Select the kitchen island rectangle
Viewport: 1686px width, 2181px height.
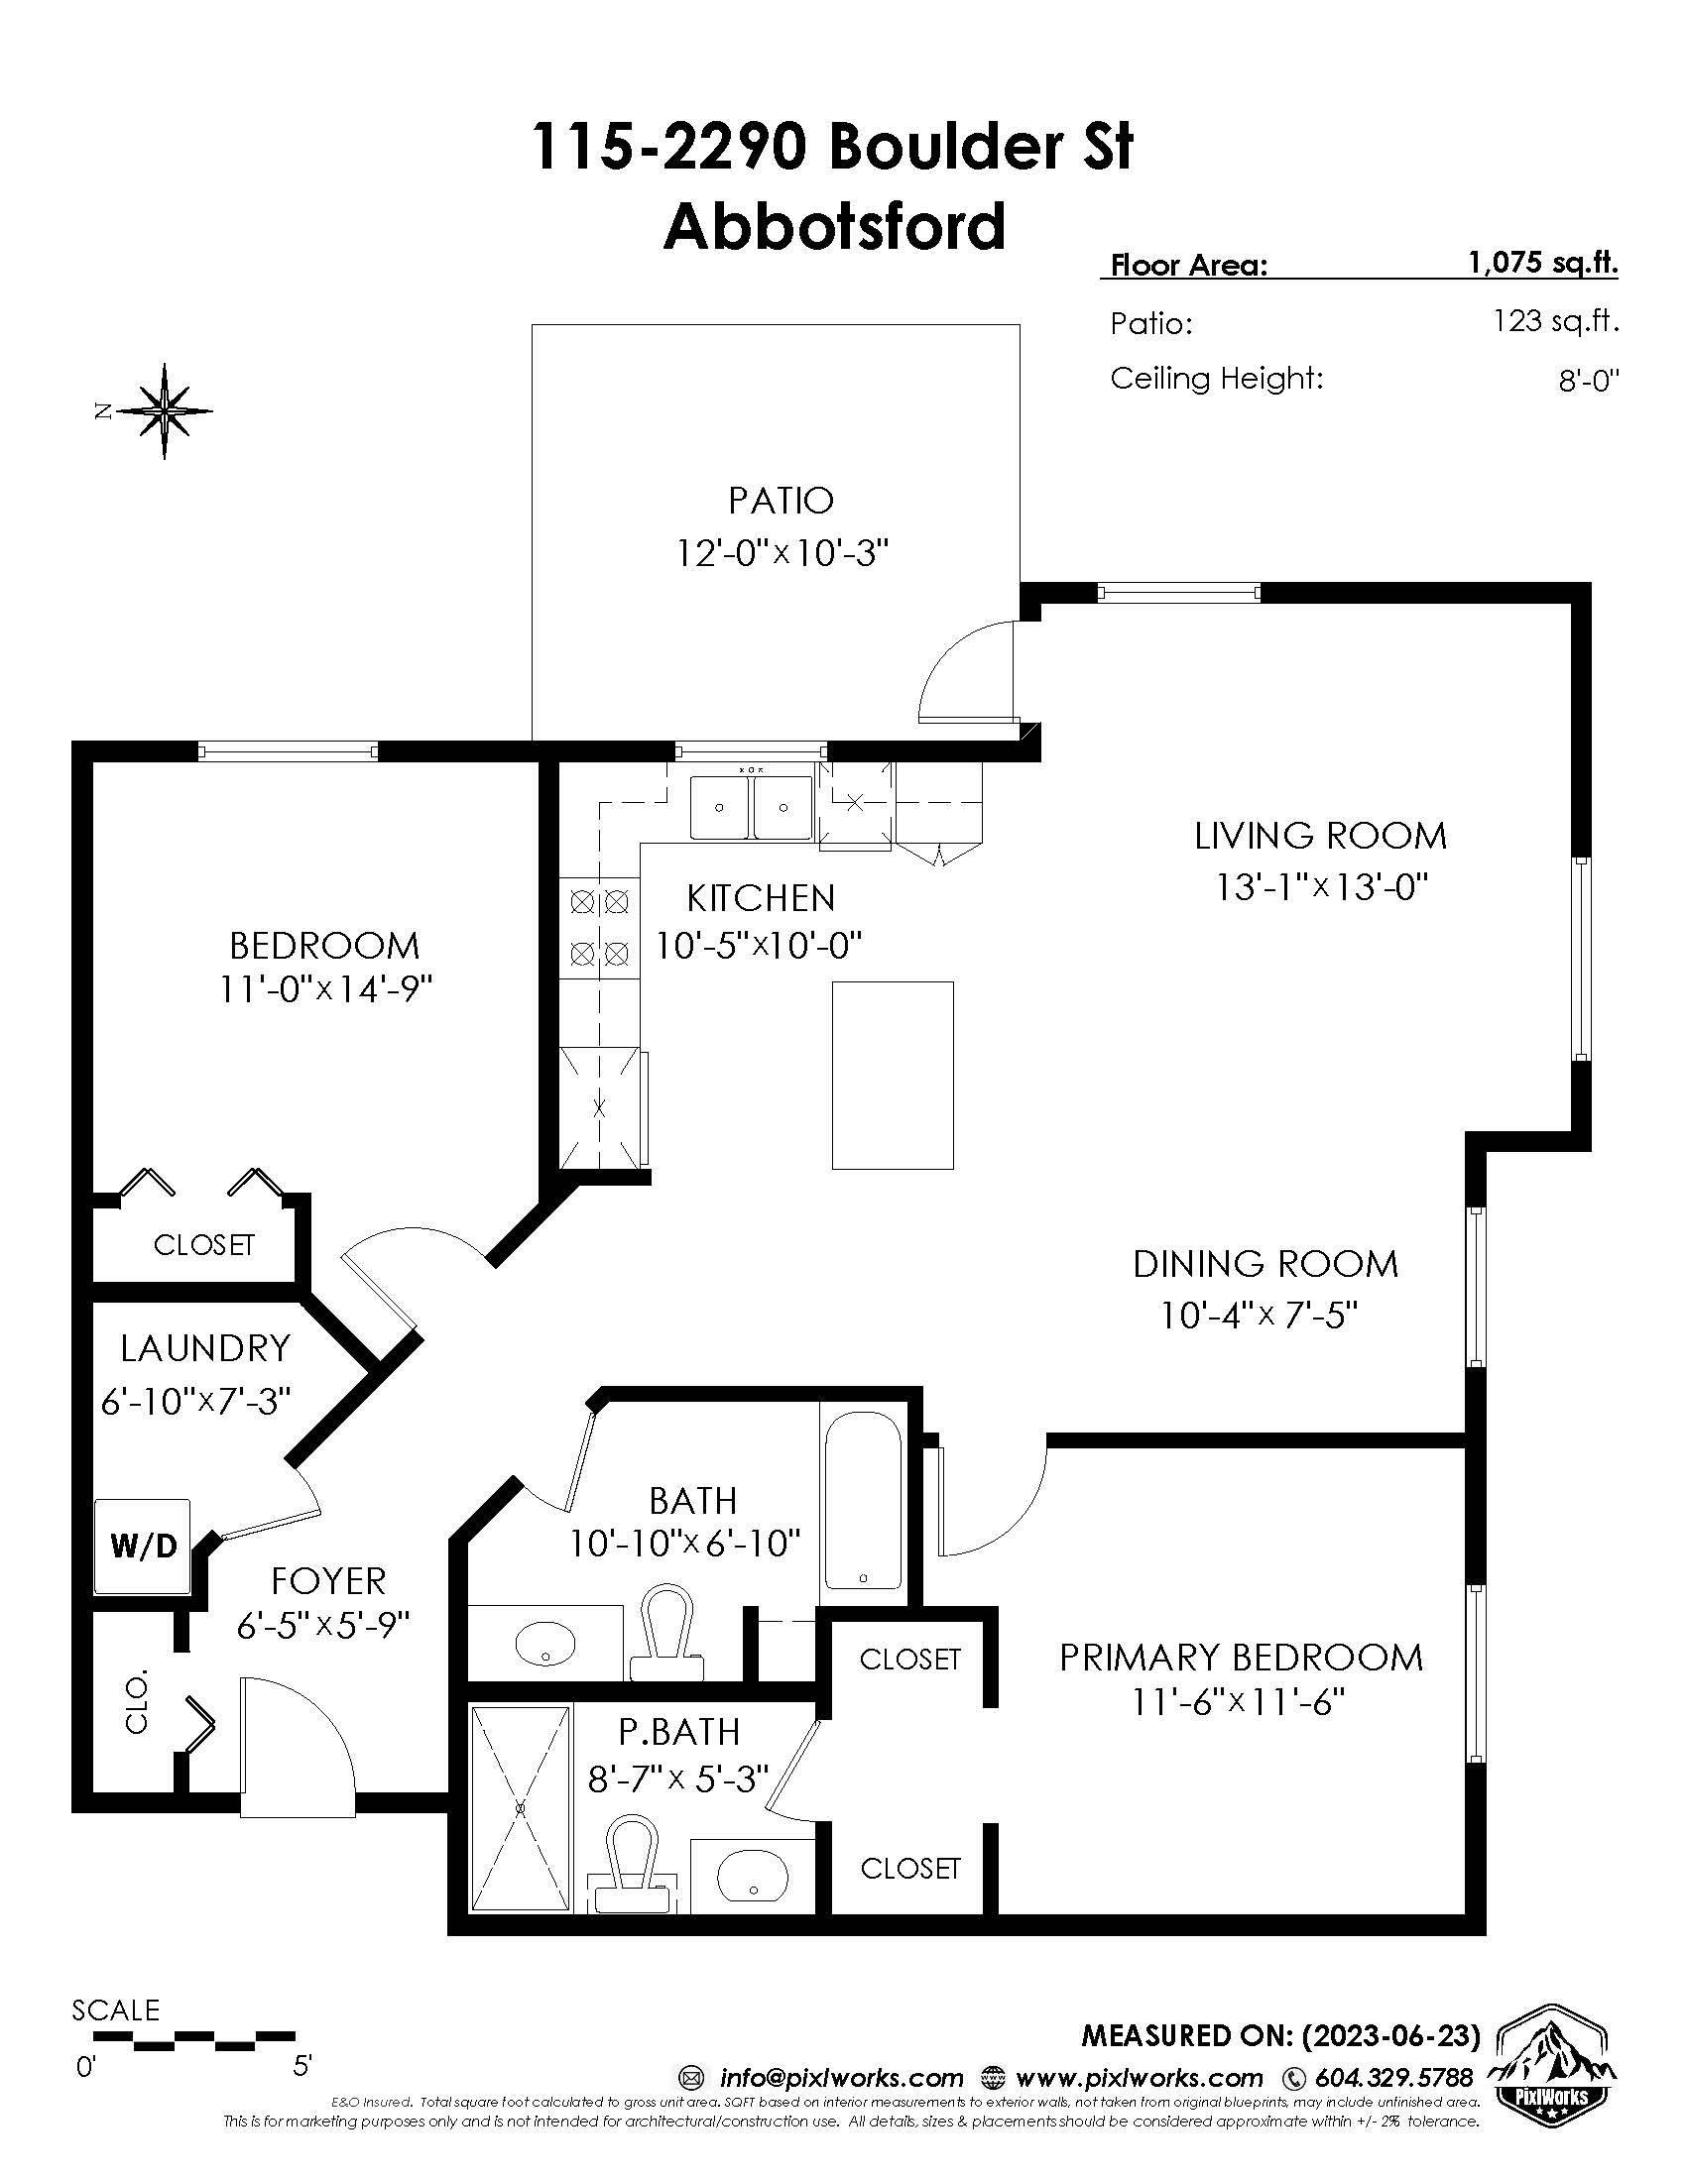click(x=893, y=1075)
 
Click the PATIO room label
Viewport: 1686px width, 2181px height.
click(x=782, y=501)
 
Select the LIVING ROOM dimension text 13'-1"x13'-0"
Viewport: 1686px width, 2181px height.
click(x=1322, y=885)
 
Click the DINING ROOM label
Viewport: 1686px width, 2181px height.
click(x=1264, y=1263)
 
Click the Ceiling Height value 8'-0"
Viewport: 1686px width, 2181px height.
click(x=1588, y=381)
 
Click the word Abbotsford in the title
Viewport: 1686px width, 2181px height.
click(x=835, y=226)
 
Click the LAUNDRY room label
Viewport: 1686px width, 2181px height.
click(x=204, y=1348)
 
